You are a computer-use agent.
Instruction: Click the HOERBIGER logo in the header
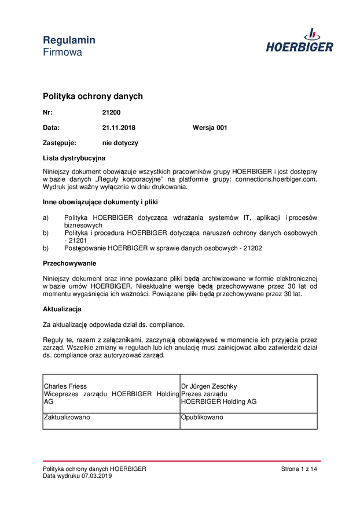(299, 41)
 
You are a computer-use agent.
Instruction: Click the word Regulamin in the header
(69, 40)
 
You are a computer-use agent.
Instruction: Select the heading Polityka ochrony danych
(93, 96)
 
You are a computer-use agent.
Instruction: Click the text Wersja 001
(210, 127)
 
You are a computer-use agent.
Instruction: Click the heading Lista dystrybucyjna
(74, 157)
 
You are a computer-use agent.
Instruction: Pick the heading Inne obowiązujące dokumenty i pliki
(100, 202)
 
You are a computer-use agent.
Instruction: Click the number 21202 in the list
(252, 248)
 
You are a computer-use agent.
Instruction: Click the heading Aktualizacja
(62, 309)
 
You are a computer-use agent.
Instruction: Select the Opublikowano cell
(202, 416)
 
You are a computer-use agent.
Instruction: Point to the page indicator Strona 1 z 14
(299, 469)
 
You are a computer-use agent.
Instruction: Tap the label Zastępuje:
(60, 142)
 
